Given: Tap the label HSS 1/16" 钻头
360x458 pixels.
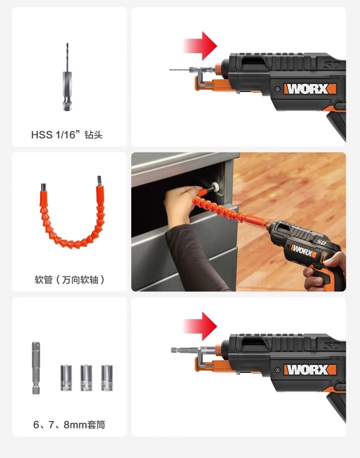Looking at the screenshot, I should (x=67, y=135).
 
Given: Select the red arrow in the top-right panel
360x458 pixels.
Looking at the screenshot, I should (x=201, y=46).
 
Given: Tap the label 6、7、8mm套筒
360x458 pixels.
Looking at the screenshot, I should (x=69, y=425).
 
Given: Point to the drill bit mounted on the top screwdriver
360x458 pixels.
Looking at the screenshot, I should (x=185, y=70).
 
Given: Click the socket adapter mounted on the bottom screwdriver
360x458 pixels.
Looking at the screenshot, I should (x=185, y=351).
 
